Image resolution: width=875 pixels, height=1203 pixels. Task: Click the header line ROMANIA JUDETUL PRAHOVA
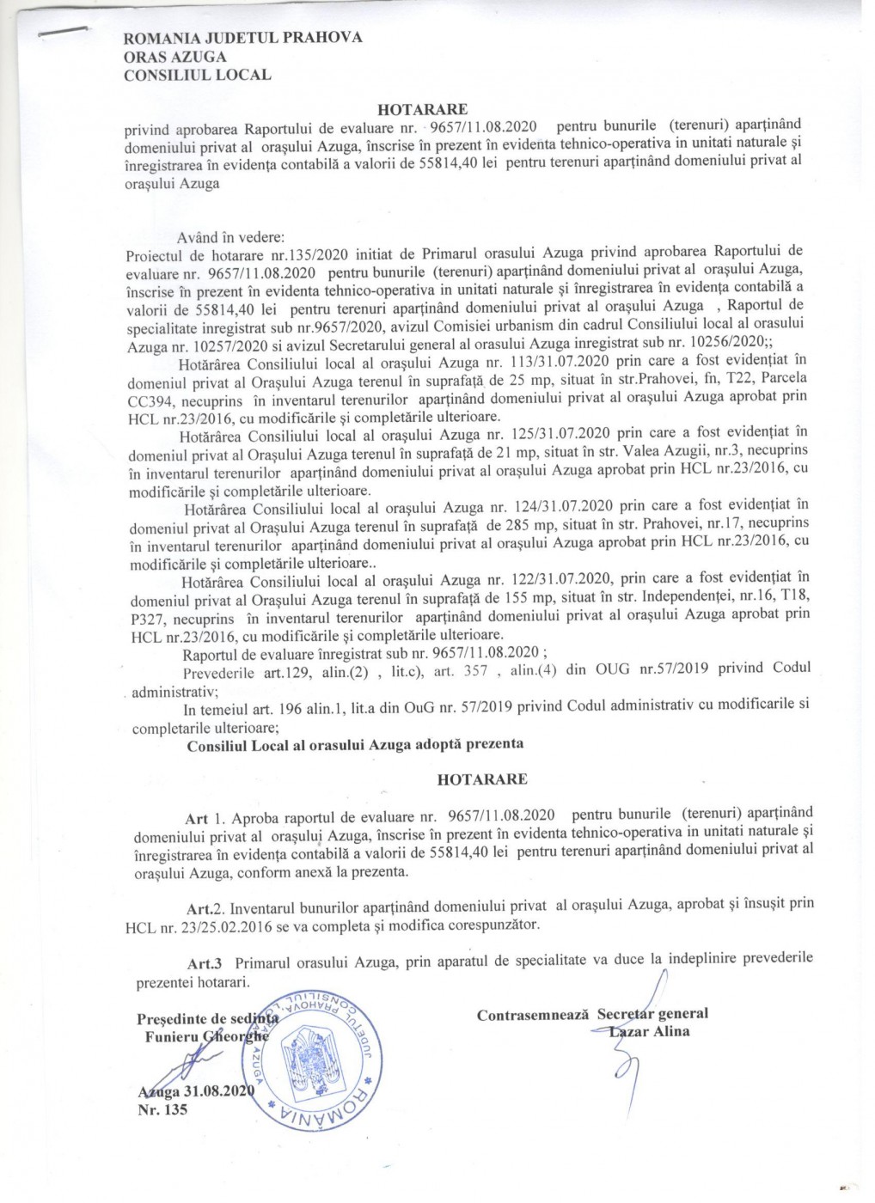(x=243, y=38)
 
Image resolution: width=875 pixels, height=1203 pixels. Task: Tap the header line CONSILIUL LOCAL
(x=197, y=75)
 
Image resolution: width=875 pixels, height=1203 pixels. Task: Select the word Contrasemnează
(x=532, y=1015)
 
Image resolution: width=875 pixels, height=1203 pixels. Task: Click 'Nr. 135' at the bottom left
(x=162, y=1109)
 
